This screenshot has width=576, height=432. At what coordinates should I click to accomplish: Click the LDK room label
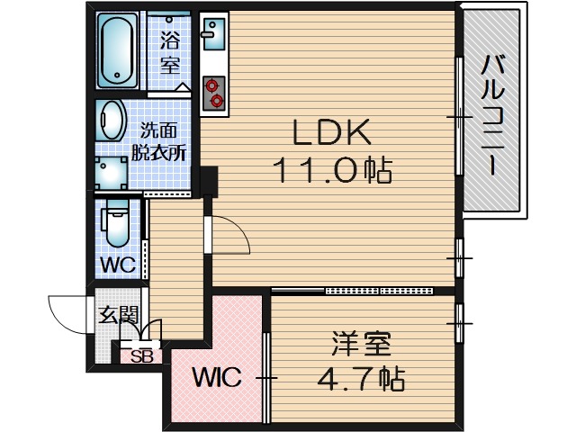[329, 133]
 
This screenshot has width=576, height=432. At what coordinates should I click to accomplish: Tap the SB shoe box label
[143, 355]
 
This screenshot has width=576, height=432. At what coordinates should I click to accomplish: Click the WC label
[118, 265]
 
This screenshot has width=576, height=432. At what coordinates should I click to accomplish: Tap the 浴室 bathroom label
[170, 52]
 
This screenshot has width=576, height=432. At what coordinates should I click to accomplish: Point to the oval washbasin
[113, 120]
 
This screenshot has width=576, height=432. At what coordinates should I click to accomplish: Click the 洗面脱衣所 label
[158, 139]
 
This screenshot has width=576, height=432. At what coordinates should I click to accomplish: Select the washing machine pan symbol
[113, 172]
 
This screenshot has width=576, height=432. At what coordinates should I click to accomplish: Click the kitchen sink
[213, 35]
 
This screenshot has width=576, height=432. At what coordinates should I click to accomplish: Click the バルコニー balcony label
[491, 112]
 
